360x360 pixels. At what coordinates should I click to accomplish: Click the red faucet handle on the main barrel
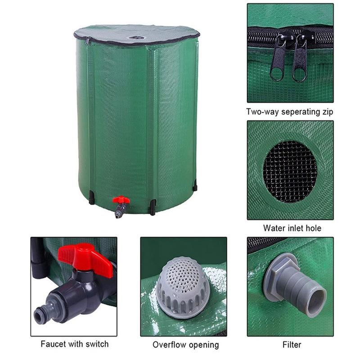pyautogui.click(x=121, y=199)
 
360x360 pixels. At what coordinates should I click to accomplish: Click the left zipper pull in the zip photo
pyautogui.click(x=278, y=58)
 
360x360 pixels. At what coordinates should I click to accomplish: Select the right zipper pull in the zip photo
pyautogui.click(x=300, y=59)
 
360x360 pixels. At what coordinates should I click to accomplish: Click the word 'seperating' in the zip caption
pyautogui.click(x=300, y=112)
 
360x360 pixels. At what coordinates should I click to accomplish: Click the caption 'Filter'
pyautogui.click(x=292, y=345)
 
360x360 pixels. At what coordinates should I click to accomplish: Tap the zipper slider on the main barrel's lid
pyautogui.click(x=87, y=41)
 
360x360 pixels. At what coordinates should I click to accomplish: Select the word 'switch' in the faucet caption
pyautogui.click(x=97, y=344)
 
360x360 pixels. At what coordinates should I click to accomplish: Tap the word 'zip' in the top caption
pyautogui.click(x=327, y=112)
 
